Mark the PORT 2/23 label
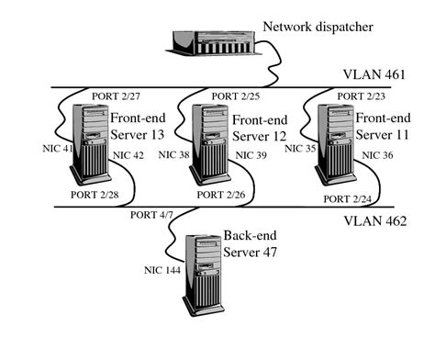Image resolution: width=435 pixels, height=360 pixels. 360,96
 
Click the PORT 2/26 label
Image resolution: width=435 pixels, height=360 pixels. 222,196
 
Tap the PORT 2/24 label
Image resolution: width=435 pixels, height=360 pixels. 346,197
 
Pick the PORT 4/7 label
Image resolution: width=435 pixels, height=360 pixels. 154,216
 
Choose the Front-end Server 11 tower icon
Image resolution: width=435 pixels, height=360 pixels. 334,143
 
